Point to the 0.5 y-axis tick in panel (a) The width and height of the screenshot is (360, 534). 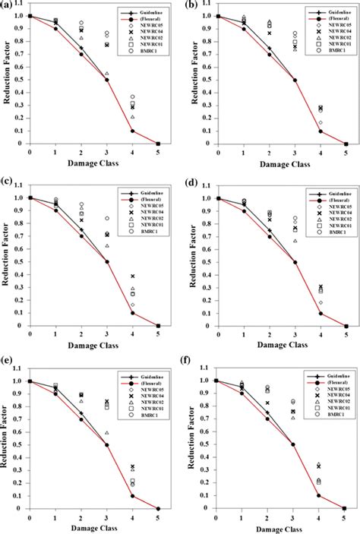(21, 80)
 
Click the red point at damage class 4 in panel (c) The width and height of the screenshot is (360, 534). (132, 313)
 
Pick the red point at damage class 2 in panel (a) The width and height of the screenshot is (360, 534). (81, 54)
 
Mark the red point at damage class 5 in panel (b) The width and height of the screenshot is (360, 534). (346, 144)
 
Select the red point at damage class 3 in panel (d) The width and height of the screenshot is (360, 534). (295, 262)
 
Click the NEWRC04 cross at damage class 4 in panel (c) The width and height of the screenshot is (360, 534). (132, 276)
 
